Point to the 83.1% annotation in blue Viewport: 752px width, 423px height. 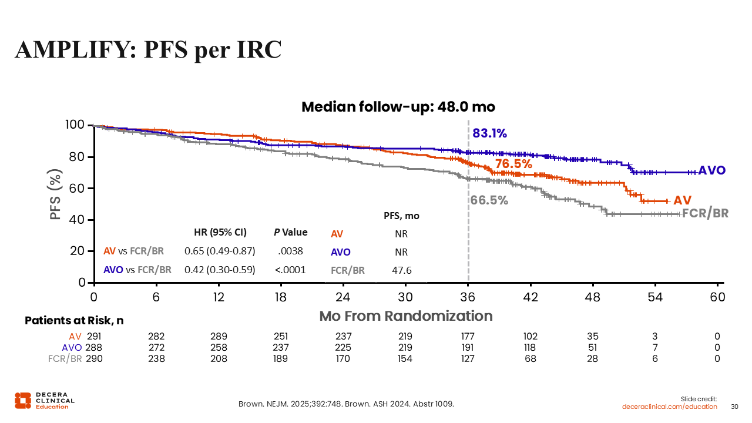pyautogui.click(x=489, y=133)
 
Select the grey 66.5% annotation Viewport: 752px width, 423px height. pyautogui.click(x=489, y=200)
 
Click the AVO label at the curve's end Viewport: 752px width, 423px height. pyautogui.click(x=711, y=170)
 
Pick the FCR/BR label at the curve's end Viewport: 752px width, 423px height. pyautogui.click(x=705, y=213)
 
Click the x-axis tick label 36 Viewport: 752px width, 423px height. pyautogui.click(x=468, y=297)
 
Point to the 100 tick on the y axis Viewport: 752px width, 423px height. pyautogui.click(x=77, y=125)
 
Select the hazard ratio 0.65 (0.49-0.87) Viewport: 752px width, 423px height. pyautogui.click(x=220, y=251)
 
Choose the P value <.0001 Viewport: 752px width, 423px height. pyautogui.click(x=290, y=270)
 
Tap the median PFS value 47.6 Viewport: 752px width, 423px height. pyautogui.click(x=401, y=270)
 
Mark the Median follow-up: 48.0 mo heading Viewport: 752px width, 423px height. pyautogui.click(x=398, y=107)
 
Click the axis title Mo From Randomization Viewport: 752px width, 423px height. pyautogui.click(x=405, y=316)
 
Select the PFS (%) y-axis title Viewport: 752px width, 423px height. pyautogui.click(x=56, y=195)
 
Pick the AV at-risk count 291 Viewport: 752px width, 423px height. pyautogui.click(x=94, y=337)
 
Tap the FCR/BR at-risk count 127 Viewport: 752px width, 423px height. pyautogui.click(x=468, y=358)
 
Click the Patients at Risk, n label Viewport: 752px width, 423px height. pyautogui.click(x=74, y=321)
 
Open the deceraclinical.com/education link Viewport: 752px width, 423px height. pyautogui.click(x=670, y=407)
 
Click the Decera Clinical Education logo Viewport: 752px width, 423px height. pyautogui.click(x=45, y=401)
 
